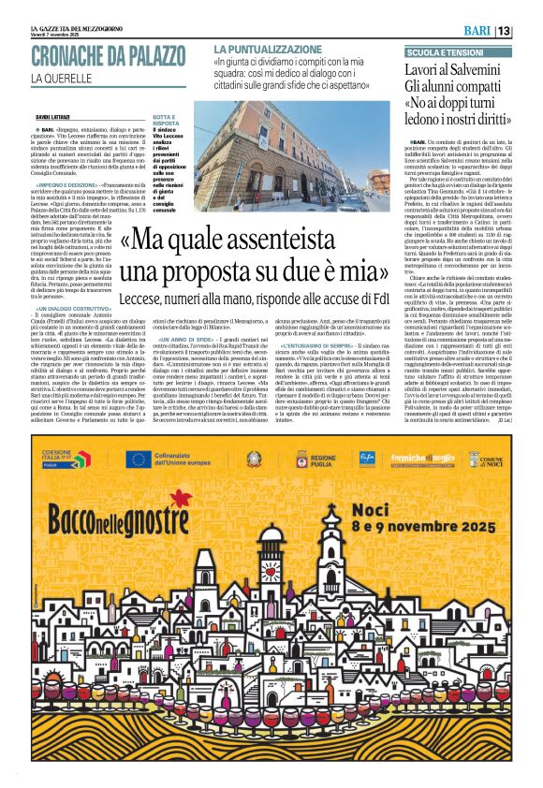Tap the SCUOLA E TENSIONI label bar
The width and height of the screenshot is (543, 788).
(445, 54)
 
